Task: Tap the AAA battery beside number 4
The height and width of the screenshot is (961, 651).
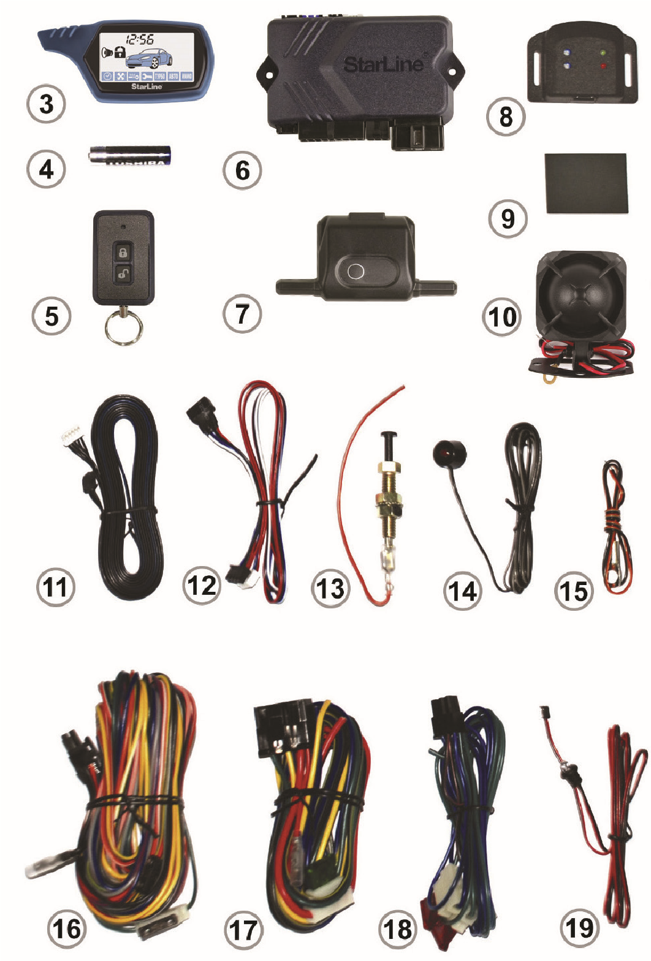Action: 129,155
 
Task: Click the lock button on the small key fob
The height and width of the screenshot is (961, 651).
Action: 123,252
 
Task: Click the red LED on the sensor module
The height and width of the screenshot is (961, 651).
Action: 604,66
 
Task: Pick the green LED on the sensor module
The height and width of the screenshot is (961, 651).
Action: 604,53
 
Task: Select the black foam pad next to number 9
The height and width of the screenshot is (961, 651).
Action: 586,183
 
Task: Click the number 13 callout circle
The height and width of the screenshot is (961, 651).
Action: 331,588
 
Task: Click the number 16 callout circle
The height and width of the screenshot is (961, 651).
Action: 67,927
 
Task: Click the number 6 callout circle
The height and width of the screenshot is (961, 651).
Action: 243,170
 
